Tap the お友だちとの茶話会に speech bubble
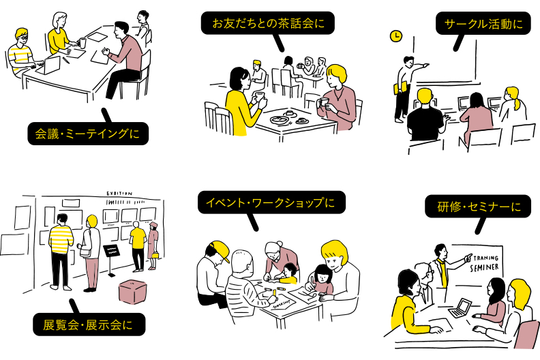269,23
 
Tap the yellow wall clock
395,36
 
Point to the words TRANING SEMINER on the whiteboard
485,262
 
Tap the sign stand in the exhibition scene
112,256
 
